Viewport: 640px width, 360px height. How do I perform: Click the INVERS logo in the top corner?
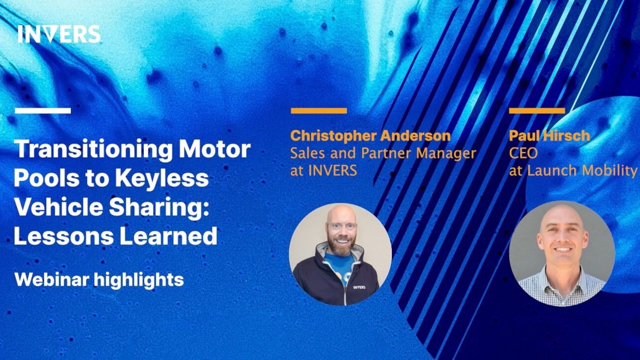pyautogui.click(x=59, y=34)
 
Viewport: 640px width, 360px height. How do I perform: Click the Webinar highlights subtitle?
pyautogui.click(x=99, y=279)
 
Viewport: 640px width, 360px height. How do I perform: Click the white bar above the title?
pyautogui.click(x=43, y=111)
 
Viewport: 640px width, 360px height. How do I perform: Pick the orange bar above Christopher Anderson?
pyautogui.click(x=319, y=111)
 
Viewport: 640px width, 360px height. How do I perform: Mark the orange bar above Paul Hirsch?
pyautogui.click(x=537, y=111)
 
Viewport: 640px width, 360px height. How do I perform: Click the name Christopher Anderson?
pyautogui.click(x=370, y=136)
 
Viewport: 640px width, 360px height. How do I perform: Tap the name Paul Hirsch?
pyautogui.click(x=549, y=136)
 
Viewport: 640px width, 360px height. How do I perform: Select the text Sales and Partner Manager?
pyautogui.click(x=383, y=153)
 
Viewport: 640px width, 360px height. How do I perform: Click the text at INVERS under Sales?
pyautogui.click(x=323, y=171)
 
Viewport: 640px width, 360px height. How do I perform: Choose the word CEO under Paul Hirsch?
pyautogui.click(x=523, y=153)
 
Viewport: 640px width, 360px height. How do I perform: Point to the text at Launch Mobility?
pyautogui.click(x=573, y=171)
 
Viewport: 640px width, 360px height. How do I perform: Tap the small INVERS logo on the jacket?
pyautogui.click(x=359, y=287)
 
